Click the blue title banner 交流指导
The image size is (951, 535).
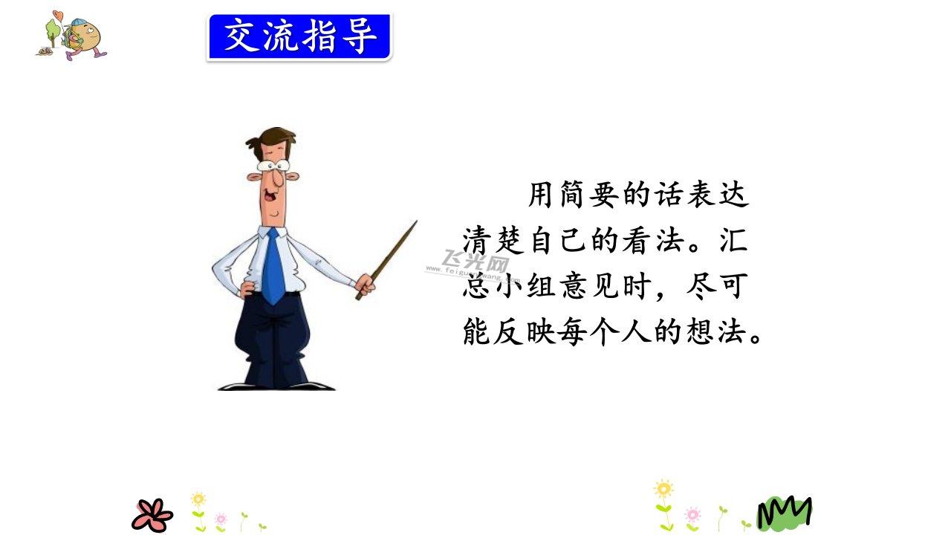[x=299, y=37]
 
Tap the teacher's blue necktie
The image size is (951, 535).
[x=273, y=267]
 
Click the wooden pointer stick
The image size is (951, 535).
[x=387, y=260]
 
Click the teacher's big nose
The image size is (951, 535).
[x=279, y=178]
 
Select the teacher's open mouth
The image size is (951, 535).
[x=269, y=196]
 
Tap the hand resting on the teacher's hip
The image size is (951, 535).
[x=247, y=289]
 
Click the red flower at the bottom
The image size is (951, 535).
[x=152, y=516]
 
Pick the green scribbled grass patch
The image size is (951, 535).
[x=785, y=513]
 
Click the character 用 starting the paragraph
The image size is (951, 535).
[x=540, y=195]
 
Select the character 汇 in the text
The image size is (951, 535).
[x=733, y=241]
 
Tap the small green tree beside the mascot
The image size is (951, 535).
[x=53, y=32]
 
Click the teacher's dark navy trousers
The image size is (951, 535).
[x=273, y=340]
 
